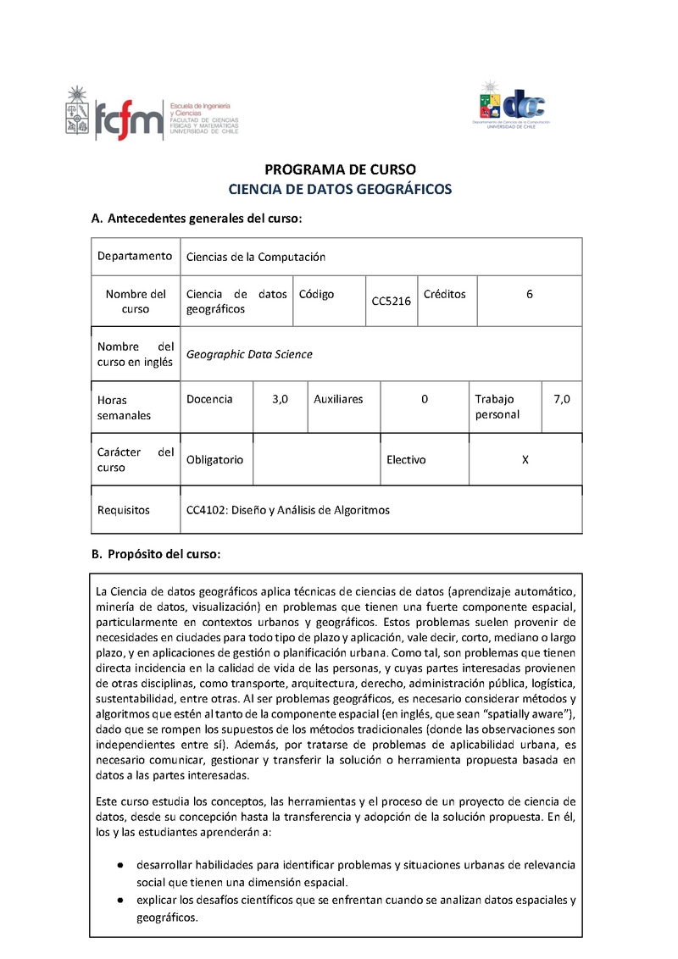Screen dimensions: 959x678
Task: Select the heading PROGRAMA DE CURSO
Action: click(340, 169)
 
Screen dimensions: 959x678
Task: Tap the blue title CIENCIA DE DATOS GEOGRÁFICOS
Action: click(340, 189)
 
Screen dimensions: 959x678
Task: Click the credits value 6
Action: click(530, 294)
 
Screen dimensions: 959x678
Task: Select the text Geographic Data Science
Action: click(249, 354)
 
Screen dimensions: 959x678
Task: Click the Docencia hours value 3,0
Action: click(281, 399)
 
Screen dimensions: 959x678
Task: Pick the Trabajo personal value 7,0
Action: click(562, 399)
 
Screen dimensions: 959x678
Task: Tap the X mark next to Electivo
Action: click(525, 459)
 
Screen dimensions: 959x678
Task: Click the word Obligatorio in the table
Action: click(214, 459)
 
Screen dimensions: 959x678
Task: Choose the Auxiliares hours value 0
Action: click(425, 399)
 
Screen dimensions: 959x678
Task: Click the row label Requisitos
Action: click(124, 510)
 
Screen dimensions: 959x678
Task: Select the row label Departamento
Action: click(135, 256)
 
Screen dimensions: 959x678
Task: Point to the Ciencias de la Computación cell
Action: click(256, 257)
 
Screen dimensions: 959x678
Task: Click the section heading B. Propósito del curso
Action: click(156, 555)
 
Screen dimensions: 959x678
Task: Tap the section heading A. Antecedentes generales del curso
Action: click(196, 219)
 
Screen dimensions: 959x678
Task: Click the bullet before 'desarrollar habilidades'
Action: click(121, 865)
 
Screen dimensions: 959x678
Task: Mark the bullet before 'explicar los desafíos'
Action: click(121, 900)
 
